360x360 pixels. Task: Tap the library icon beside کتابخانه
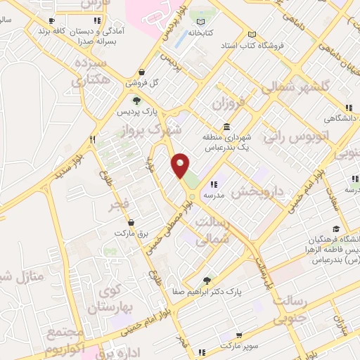point(213,32)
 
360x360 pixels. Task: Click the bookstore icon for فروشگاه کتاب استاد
point(252,35)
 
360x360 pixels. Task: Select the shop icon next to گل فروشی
point(141,72)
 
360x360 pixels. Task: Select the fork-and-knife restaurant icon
point(92,139)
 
